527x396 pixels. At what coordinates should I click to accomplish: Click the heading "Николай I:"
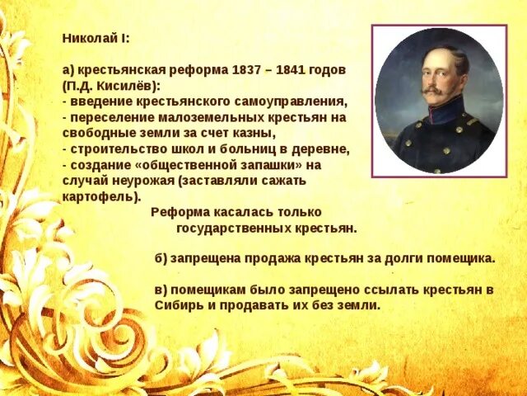point(96,38)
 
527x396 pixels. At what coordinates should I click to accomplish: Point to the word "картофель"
point(98,196)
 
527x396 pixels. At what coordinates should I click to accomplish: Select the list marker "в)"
point(161,290)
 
